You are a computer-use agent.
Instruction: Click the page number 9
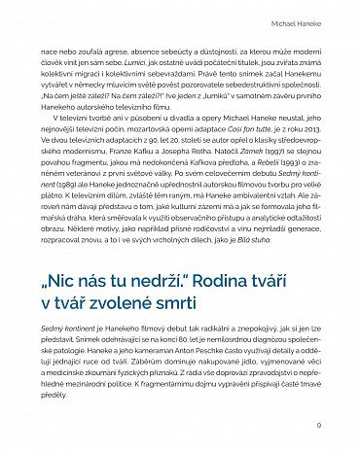point(318,424)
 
